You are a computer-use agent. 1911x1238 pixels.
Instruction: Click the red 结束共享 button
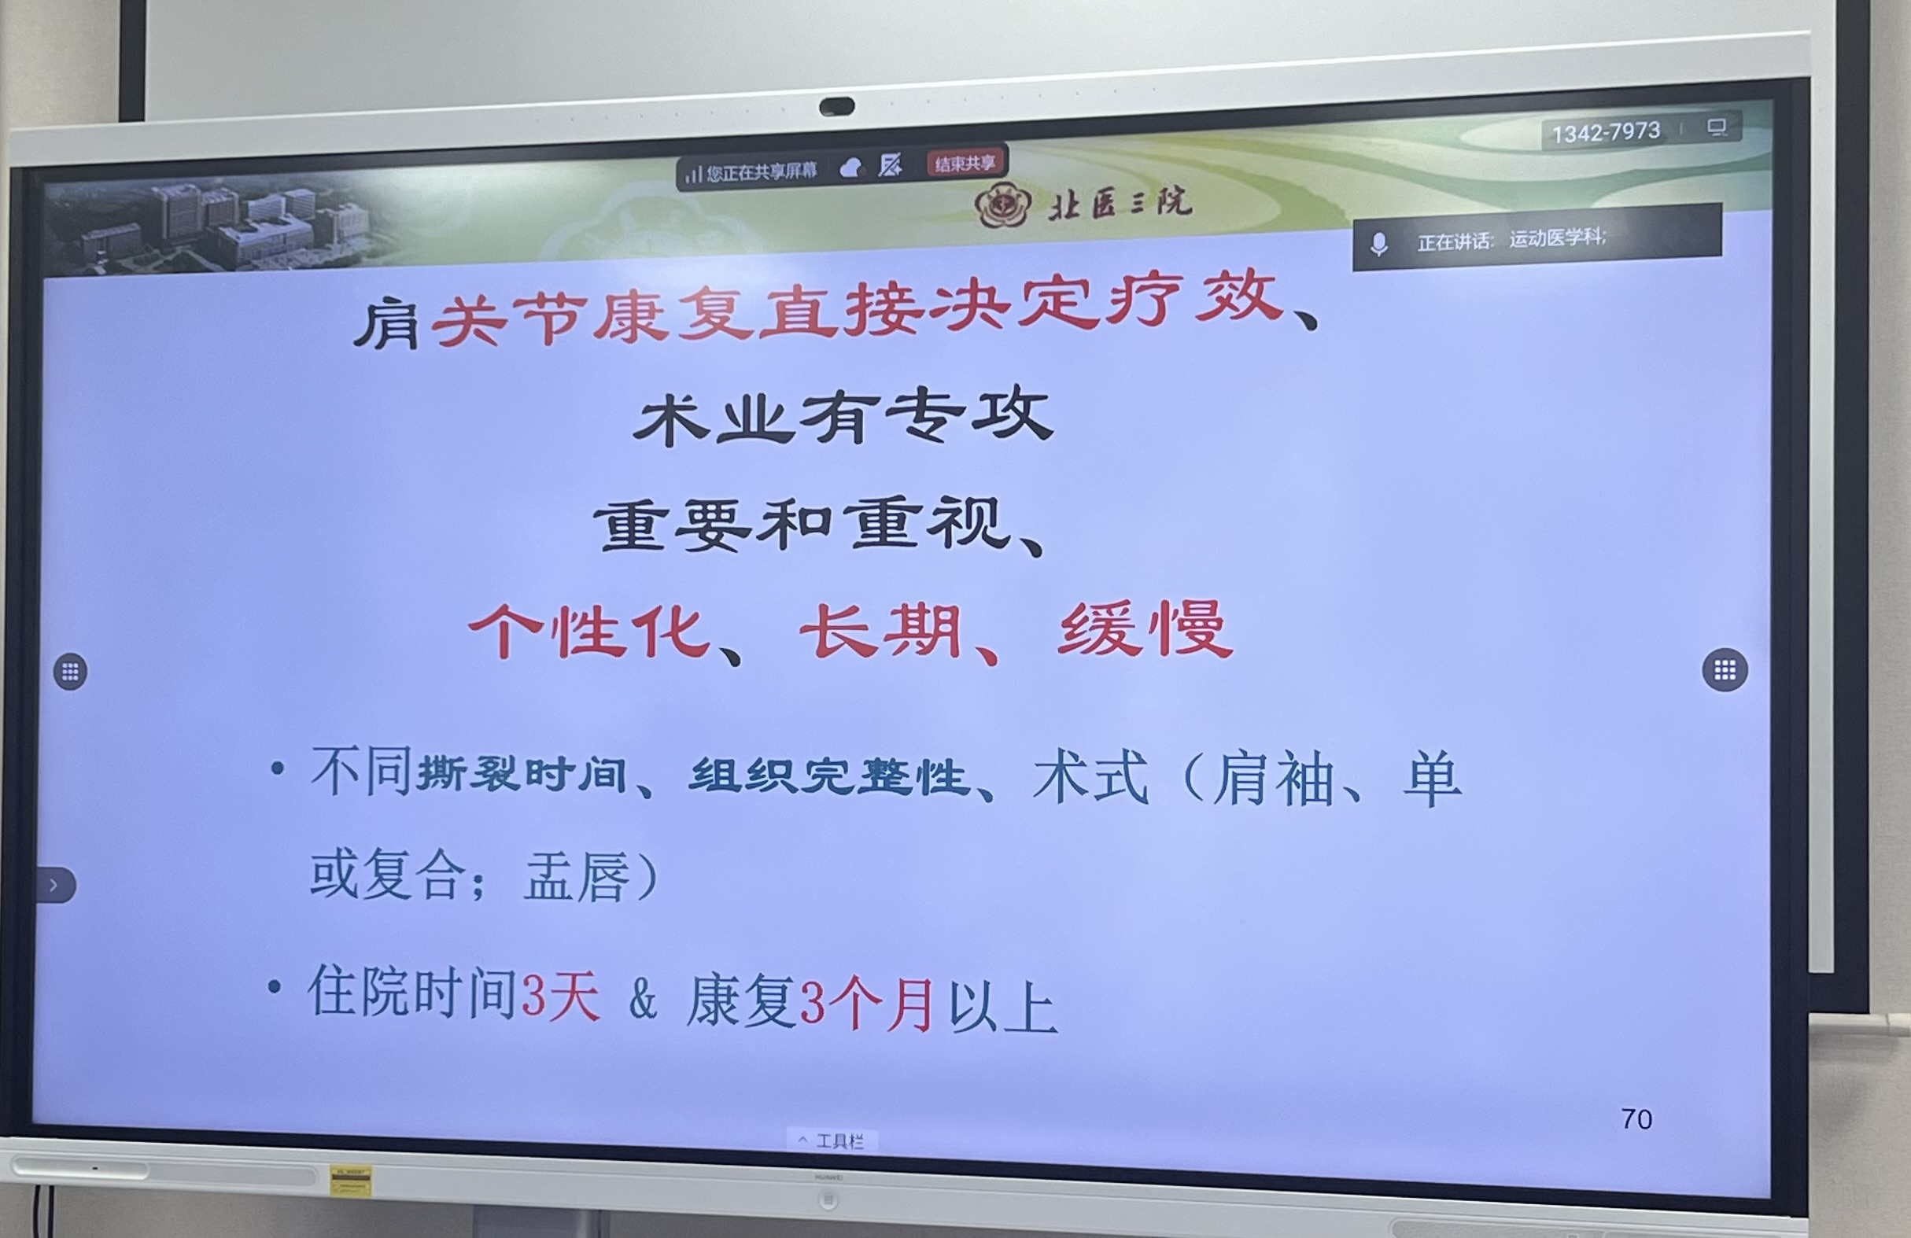(x=965, y=164)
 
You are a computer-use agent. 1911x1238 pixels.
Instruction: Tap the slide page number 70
(x=1636, y=1119)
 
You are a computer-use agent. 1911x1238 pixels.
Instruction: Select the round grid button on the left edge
(x=71, y=671)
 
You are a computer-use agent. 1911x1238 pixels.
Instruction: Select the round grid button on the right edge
(x=1725, y=669)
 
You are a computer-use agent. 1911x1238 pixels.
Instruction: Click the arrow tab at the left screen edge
(x=54, y=885)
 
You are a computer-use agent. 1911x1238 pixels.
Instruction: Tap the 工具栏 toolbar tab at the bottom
(x=832, y=1140)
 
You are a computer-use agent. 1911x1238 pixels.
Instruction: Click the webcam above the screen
(x=836, y=106)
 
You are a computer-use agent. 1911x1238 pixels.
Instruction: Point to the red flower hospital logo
(x=1002, y=204)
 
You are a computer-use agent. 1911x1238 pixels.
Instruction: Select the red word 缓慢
(x=1145, y=630)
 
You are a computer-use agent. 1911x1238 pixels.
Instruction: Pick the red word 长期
(x=881, y=632)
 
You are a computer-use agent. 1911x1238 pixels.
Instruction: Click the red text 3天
(x=560, y=997)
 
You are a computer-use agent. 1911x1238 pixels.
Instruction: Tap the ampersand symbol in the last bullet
(x=642, y=1000)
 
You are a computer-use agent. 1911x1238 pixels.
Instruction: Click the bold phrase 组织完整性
(x=828, y=776)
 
